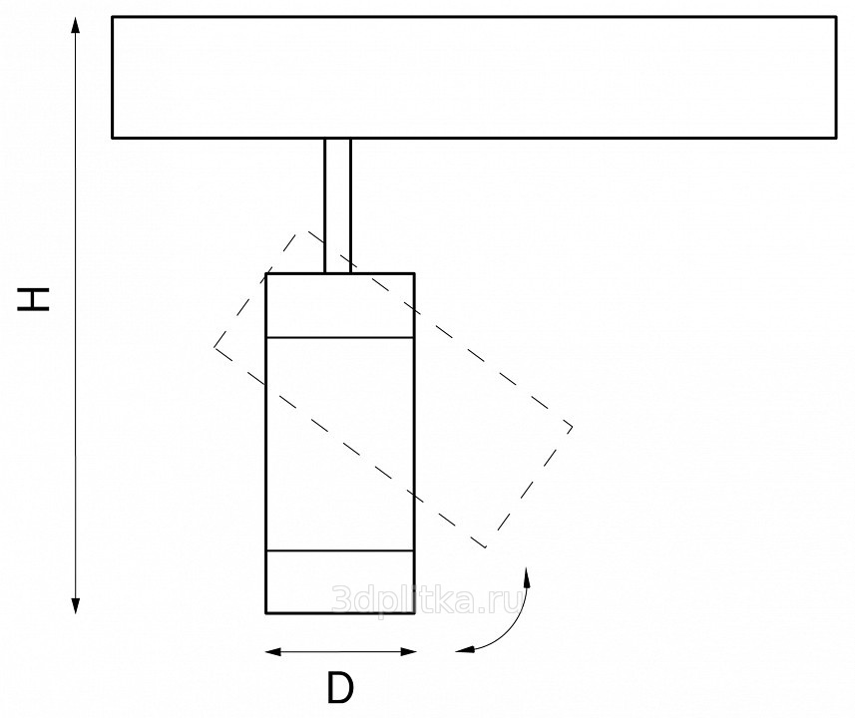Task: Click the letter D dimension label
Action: [340, 687]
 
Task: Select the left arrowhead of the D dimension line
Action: [272, 652]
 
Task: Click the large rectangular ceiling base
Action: [474, 77]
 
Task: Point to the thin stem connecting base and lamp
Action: [337, 204]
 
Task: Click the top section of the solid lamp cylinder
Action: [340, 305]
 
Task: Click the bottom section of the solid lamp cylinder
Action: [340, 580]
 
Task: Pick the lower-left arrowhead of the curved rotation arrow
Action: [461, 650]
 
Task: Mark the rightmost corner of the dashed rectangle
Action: [572, 428]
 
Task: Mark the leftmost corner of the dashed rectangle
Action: [214, 346]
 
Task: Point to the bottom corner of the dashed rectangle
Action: [485, 547]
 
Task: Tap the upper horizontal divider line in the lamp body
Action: [340, 338]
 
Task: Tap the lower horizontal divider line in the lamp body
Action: [340, 549]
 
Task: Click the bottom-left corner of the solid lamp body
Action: [266, 611]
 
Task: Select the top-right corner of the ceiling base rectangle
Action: [836, 17]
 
